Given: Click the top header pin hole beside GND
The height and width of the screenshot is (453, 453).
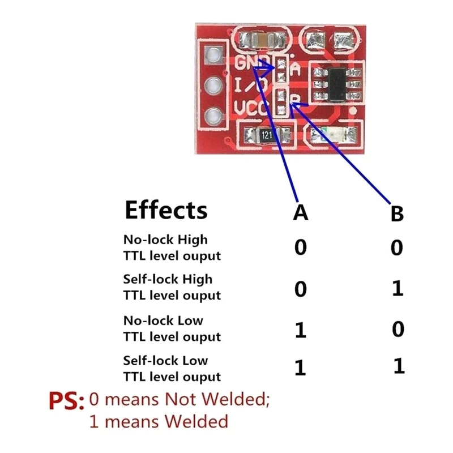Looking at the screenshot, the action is (x=213, y=55).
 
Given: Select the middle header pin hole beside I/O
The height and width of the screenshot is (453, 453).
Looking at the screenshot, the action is (x=213, y=86).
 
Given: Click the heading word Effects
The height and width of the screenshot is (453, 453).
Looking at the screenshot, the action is (x=166, y=210).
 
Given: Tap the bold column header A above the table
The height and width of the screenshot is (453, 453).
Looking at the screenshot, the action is (x=301, y=213).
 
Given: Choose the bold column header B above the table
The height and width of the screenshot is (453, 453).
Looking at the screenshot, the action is (x=398, y=214).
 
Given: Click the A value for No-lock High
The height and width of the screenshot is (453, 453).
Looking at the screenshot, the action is (x=301, y=247).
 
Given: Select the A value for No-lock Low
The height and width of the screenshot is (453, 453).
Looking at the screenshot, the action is (x=301, y=331).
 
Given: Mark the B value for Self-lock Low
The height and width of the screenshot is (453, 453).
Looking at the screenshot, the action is (x=399, y=366).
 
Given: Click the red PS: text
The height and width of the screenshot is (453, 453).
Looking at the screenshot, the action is (x=66, y=401).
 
